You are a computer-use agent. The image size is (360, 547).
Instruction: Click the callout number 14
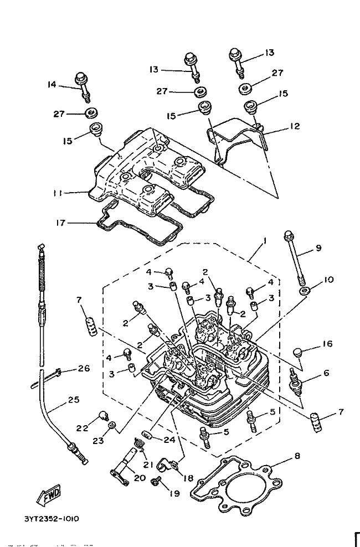[x=52, y=85]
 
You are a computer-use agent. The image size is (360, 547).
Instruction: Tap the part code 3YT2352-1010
[x=51, y=519]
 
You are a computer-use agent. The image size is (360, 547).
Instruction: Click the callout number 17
[x=60, y=223]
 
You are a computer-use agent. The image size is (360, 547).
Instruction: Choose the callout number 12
[x=294, y=126]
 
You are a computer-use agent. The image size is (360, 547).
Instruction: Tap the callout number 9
[x=318, y=248]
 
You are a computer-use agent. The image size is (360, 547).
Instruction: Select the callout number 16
[x=327, y=344]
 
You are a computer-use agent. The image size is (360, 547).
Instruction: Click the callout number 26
[x=84, y=368]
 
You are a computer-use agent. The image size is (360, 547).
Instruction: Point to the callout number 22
[x=81, y=428]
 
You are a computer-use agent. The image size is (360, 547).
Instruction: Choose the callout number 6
[x=326, y=373]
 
